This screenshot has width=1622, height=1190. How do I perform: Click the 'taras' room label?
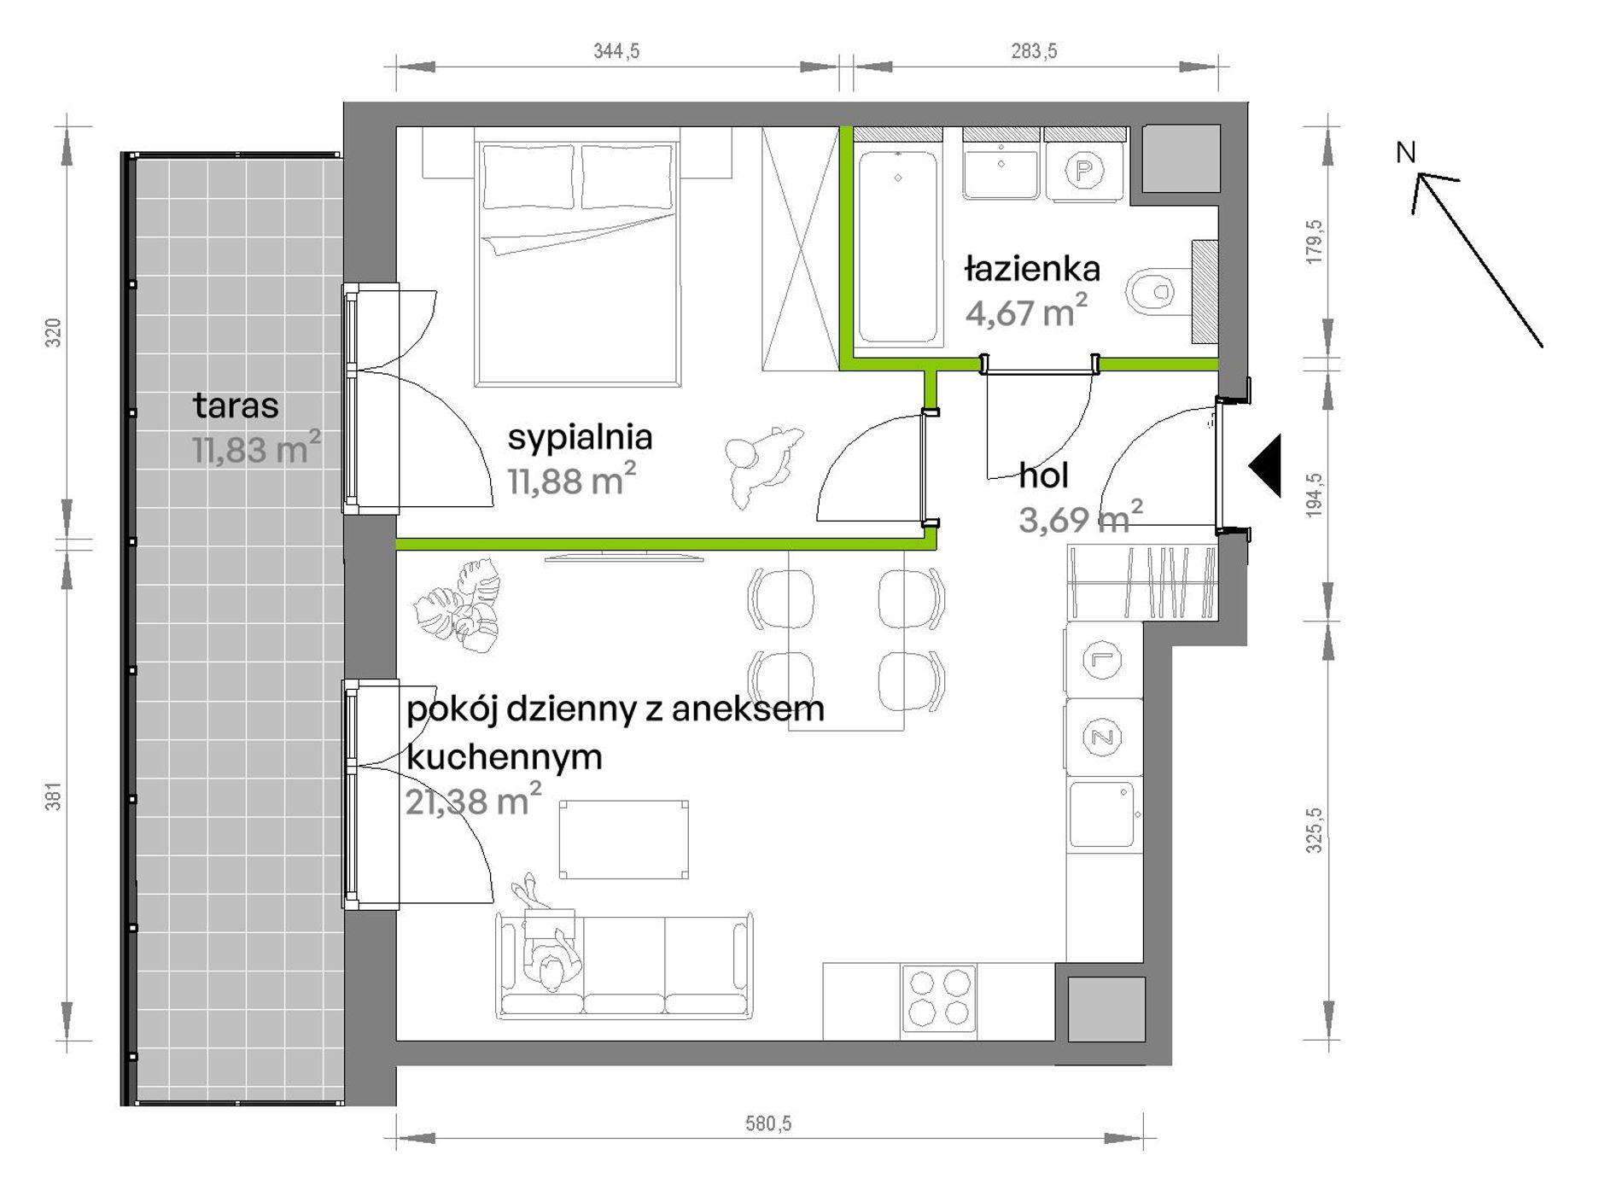[x=236, y=406]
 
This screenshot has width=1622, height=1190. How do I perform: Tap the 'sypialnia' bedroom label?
[x=580, y=437]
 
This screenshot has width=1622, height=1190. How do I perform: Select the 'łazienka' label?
[x=1032, y=270]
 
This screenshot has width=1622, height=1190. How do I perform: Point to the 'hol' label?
[x=1043, y=475]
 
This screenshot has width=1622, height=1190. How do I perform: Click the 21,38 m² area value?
[x=473, y=801]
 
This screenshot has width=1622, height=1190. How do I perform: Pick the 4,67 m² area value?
[x=1026, y=312]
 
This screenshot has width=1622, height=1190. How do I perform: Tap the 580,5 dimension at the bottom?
[x=768, y=1123]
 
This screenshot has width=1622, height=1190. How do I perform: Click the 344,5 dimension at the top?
[x=616, y=51]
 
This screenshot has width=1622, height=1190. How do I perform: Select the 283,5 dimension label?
[x=1034, y=51]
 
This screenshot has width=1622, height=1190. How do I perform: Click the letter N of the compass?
[x=1405, y=153]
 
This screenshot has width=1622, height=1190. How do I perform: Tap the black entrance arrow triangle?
[x=1265, y=465]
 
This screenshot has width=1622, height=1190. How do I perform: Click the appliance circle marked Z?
[x=1103, y=738]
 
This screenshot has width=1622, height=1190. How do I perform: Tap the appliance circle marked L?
[x=1102, y=659]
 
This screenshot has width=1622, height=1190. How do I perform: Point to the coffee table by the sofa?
[x=624, y=839]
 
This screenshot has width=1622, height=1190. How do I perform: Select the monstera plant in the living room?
[x=458, y=605]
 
